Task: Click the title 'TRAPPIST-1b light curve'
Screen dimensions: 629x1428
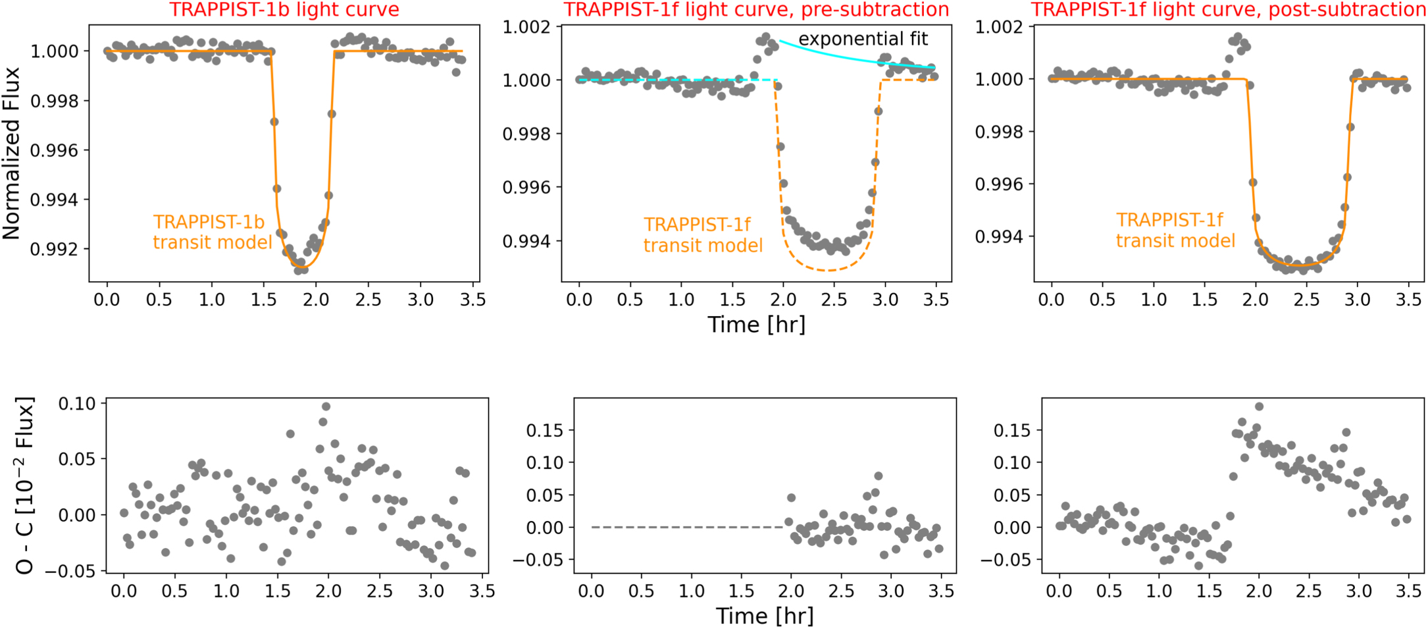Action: pos(284,10)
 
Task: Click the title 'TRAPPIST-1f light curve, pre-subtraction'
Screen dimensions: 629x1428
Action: pos(756,10)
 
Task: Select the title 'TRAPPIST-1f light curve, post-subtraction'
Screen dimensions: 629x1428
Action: pos(1228,10)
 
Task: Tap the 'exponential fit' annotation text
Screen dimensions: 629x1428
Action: pos(863,40)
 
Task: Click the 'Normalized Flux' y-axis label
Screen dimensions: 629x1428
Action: pos(12,153)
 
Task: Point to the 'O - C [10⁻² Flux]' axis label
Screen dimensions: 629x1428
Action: pos(24,485)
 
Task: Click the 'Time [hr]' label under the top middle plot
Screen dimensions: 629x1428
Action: pos(756,325)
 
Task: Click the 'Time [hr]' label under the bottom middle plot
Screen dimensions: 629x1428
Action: pos(764,616)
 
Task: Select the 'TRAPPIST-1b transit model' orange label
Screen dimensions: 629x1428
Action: pos(213,232)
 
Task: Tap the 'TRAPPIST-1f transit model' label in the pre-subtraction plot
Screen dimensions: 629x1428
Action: pos(703,235)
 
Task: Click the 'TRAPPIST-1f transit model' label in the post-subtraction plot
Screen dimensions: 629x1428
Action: pos(1175,230)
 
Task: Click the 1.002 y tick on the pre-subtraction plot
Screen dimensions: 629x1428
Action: pos(526,27)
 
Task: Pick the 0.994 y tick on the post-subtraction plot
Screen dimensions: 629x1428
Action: pos(998,236)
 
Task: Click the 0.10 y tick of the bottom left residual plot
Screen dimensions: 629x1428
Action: pos(77,403)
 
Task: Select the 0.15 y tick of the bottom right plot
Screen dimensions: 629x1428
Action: pos(1011,430)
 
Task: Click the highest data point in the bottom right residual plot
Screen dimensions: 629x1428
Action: pos(1259,406)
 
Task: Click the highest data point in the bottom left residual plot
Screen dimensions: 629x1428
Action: pos(326,407)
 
